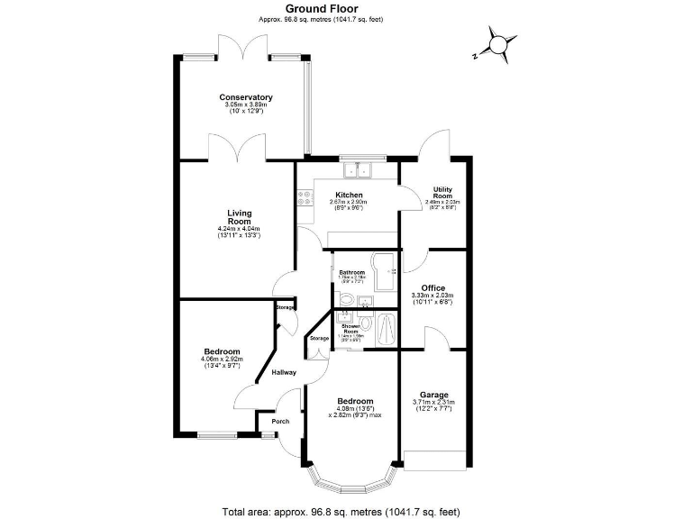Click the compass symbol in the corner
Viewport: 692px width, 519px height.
tap(496, 43)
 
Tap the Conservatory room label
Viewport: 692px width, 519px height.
tap(246, 97)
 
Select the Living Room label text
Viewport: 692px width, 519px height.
tap(239, 216)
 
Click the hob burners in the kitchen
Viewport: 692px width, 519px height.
tap(301, 200)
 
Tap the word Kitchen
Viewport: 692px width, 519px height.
tap(349, 196)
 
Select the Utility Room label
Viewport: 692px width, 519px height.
tap(442, 192)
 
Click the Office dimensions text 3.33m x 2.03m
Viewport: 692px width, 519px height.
tap(432, 296)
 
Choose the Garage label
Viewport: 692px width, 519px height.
tap(433, 394)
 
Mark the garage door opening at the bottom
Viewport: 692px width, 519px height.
tap(433, 457)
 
